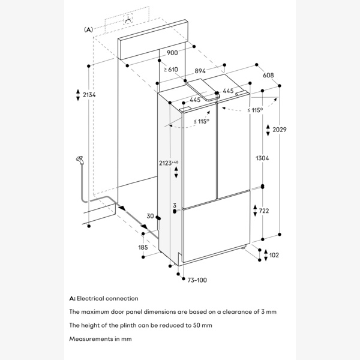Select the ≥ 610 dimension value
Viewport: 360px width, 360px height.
(x=170, y=70)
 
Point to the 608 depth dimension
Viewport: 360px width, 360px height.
(x=268, y=75)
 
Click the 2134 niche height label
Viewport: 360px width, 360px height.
(x=89, y=95)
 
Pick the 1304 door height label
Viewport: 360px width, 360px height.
(x=261, y=158)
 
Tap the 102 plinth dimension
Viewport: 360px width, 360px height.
(x=274, y=255)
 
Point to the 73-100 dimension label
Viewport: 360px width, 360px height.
(x=197, y=280)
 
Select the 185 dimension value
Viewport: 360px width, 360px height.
(x=143, y=247)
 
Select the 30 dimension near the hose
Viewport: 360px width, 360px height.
(x=150, y=217)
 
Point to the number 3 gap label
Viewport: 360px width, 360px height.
(x=175, y=205)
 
